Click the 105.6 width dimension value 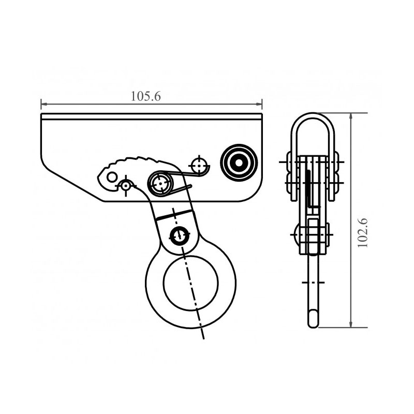coord(146,96)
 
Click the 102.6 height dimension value coord(363,233)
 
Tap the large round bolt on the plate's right coord(239,163)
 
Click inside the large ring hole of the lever coord(191,283)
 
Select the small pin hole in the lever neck coord(180,234)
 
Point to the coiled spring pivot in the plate coord(159,183)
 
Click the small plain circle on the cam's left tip coord(112,176)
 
